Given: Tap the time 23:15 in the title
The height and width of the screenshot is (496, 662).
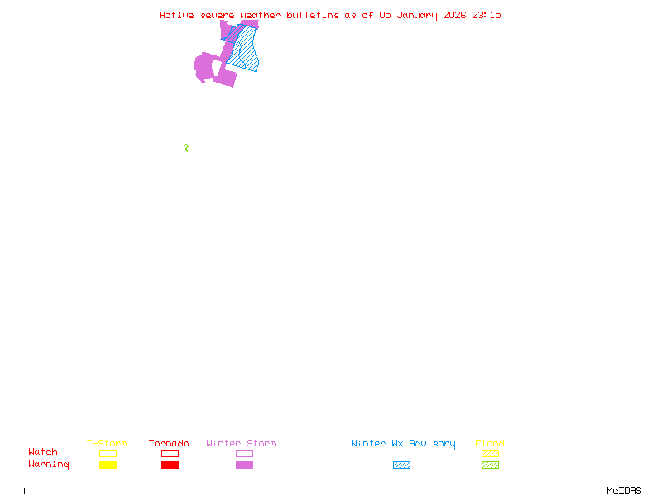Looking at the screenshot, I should (x=487, y=15).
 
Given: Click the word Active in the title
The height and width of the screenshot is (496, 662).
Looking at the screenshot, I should (x=177, y=15).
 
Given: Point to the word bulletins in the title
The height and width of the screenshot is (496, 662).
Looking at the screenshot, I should (x=313, y=15).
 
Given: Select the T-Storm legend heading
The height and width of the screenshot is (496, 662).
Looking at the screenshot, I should (x=107, y=444).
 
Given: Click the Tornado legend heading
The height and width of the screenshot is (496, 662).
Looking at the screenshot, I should (x=169, y=444).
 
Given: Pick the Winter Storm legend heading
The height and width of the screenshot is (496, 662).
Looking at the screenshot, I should (x=241, y=444).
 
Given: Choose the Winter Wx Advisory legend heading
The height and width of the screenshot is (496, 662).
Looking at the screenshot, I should (x=403, y=444).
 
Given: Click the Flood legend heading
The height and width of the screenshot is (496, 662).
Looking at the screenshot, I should (x=490, y=444).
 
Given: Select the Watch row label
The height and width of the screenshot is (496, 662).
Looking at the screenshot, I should (x=43, y=452).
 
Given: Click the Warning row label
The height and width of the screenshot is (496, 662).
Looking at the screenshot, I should (x=49, y=465).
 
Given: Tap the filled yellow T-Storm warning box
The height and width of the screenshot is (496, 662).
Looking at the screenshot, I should (x=108, y=465).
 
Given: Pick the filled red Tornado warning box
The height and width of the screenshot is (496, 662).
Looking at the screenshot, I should (x=170, y=465).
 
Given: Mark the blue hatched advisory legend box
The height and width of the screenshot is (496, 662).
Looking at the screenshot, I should (x=401, y=465).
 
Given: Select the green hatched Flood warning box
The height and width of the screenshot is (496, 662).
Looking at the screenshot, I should (x=490, y=465).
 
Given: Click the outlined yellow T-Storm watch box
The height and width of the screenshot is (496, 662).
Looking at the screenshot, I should (x=108, y=453).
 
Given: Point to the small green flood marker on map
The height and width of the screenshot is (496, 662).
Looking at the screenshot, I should (x=186, y=148).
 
